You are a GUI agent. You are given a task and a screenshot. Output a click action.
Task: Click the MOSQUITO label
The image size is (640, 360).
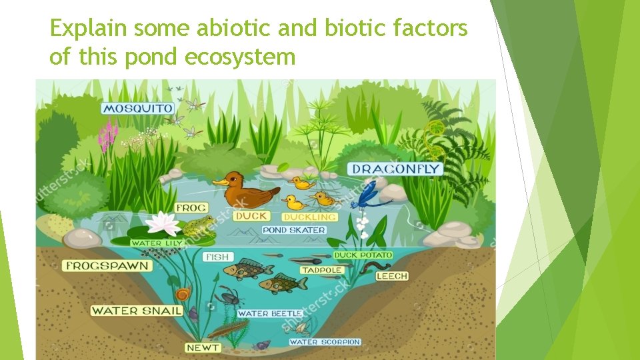(x=137, y=108)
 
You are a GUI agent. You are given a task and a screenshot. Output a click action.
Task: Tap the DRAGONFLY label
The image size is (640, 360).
(x=396, y=169)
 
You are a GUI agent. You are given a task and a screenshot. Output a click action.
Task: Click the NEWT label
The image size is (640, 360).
(x=203, y=347)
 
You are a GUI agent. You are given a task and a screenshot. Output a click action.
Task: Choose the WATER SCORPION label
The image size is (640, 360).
(x=325, y=342)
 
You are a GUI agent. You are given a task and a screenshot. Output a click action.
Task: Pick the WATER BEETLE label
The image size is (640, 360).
(x=270, y=313)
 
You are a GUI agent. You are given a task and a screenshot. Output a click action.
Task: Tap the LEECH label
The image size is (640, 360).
(x=392, y=276)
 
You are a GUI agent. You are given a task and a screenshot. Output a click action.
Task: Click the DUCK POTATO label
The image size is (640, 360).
(x=363, y=255)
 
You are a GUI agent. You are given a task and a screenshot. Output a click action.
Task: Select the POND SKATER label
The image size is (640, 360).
(x=294, y=230)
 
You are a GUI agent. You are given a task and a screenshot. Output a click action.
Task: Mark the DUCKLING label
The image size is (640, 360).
(x=309, y=217)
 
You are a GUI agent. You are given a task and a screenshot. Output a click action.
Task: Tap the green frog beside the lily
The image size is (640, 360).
(x=198, y=226)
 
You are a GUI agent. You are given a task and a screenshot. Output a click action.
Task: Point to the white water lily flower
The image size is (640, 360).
(x=163, y=223)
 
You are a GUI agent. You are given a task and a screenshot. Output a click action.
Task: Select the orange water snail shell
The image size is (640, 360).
(x=181, y=293)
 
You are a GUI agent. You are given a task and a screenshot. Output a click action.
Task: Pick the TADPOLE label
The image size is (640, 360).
(x=321, y=270)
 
